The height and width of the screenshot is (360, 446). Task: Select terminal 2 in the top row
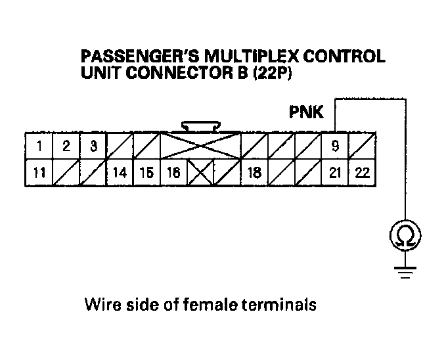point(66,146)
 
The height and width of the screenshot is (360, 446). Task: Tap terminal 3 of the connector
point(93,146)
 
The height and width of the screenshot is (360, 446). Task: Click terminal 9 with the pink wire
point(335,146)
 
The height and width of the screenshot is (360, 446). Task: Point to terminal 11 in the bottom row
point(39,173)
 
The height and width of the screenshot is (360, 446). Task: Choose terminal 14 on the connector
point(120,173)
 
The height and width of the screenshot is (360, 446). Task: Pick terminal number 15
point(146,173)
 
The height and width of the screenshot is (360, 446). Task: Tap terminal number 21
point(335,173)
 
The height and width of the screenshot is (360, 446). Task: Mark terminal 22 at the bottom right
point(362,173)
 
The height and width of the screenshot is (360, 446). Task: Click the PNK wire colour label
point(306,112)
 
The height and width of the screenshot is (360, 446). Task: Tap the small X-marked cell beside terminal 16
point(200,173)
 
